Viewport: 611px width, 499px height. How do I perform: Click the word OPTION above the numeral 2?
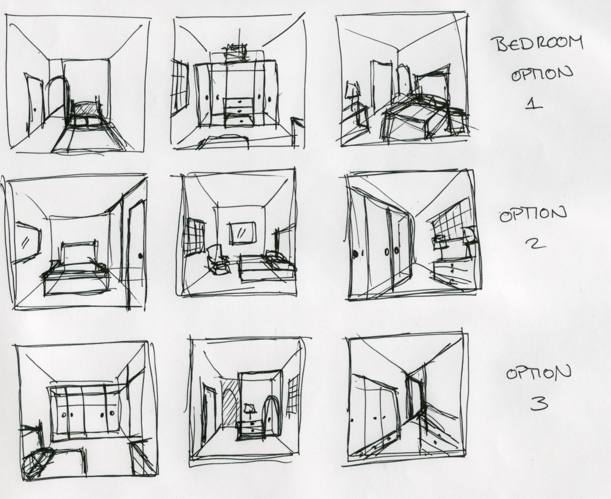coord(533,216)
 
